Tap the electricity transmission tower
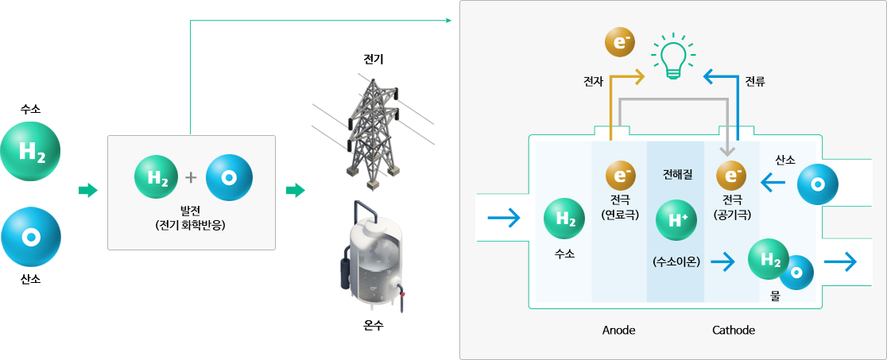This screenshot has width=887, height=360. coord(373,132)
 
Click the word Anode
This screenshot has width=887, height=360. coord(618,331)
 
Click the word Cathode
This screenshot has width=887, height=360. coord(733,331)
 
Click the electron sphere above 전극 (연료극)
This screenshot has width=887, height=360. coord(621,176)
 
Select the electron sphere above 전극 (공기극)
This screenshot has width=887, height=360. coord(731,176)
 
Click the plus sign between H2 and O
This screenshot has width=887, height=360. coord(192,178)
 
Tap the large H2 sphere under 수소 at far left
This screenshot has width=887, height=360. coord(30,152)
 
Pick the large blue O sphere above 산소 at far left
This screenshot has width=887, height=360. coord(30,237)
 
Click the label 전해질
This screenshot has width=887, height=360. coord(676,174)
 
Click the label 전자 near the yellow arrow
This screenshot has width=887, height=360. coord(594,82)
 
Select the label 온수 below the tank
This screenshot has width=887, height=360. coord(374,326)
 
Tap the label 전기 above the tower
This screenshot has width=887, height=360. coord(374,59)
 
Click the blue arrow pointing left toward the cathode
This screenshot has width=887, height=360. coord(773,182)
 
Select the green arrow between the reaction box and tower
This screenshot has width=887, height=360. coord(296,191)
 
